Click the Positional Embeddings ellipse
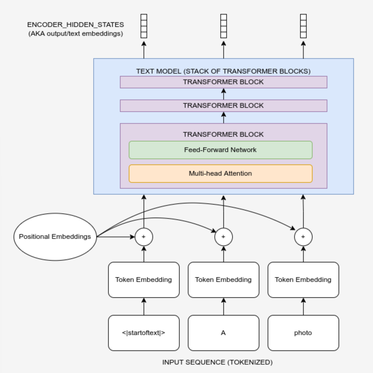[x=55, y=237]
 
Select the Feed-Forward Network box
[x=221, y=150]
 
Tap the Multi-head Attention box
[x=221, y=174]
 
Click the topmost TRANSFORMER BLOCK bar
[x=223, y=82]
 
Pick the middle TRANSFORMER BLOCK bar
[x=223, y=105]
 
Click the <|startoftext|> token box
[x=144, y=333]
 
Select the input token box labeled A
[x=223, y=333]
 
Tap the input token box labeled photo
[x=303, y=333]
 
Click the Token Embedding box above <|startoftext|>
[x=144, y=280]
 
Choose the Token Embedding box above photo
[x=303, y=280]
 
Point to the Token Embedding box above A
[x=223, y=280]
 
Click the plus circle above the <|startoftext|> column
[x=144, y=237]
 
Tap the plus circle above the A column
[x=223, y=237]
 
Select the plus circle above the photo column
[x=303, y=237]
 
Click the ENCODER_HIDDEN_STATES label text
[x=76, y=25]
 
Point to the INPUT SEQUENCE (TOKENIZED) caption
[x=217, y=362]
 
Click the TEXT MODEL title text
[x=223, y=71]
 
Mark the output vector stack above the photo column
[x=303, y=26]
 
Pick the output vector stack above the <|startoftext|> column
[x=144, y=26]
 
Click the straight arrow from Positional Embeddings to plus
[x=116, y=237]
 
